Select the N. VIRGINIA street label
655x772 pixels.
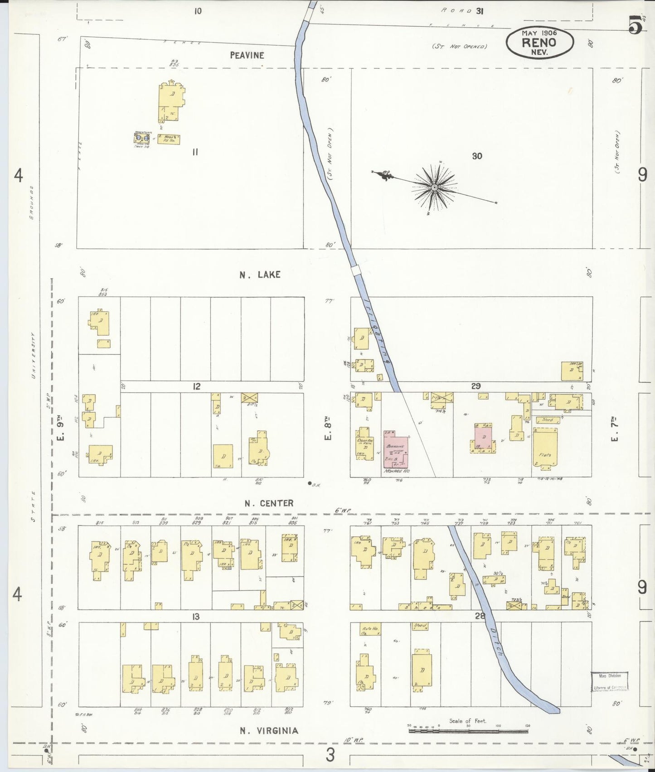pos(269,730)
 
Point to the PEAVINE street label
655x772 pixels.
pos(247,55)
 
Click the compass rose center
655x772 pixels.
pos(434,187)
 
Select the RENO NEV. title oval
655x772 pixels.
pos(539,43)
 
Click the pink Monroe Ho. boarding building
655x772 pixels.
pos(396,449)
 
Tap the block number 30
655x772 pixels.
pos(477,156)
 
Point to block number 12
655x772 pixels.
pos(196,386)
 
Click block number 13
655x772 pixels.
pos(196,616)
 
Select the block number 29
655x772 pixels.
pos(475,386)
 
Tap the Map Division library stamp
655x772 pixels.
pos(609,681)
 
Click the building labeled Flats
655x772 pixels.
pos(545,449)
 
